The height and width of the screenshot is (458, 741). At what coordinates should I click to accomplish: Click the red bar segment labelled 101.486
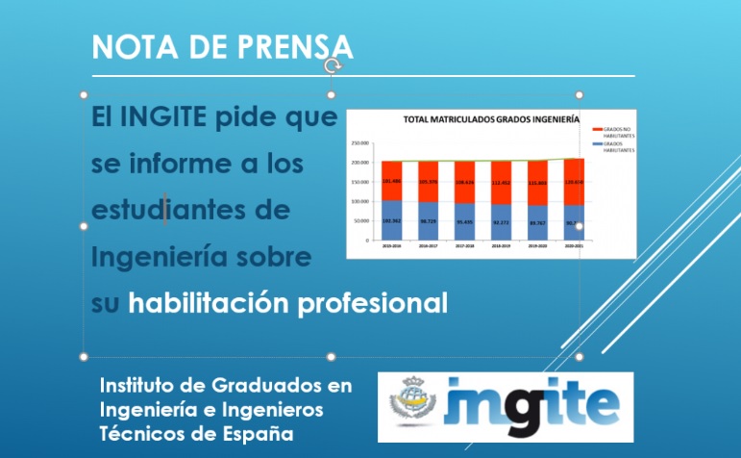pos(391,180)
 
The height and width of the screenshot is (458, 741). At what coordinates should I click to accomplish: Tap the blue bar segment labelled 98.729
pos(429,220)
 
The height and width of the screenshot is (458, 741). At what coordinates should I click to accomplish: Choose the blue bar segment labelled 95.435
pos(465,221)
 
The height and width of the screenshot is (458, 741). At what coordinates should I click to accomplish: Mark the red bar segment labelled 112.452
pos(502,182)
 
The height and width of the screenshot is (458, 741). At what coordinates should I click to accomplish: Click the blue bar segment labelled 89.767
pos(538,222)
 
